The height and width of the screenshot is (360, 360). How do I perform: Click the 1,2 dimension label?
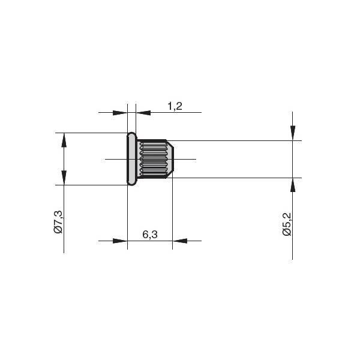coord(175,106)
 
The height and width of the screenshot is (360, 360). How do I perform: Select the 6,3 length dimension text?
coord(150,235)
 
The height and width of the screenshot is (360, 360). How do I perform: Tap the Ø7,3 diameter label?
coord(58,222)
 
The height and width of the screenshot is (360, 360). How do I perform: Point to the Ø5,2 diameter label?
coord(287,224)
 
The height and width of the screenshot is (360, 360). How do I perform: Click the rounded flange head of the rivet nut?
coord(132,159)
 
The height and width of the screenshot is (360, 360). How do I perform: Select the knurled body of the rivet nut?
coord(152,159)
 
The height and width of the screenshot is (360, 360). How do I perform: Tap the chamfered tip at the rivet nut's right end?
coord(170,159)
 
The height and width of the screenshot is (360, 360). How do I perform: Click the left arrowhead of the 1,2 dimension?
coord(120,113)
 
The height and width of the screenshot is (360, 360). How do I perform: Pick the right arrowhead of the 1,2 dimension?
coord(143,113)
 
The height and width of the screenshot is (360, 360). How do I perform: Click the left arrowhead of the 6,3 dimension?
coord(120,241)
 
